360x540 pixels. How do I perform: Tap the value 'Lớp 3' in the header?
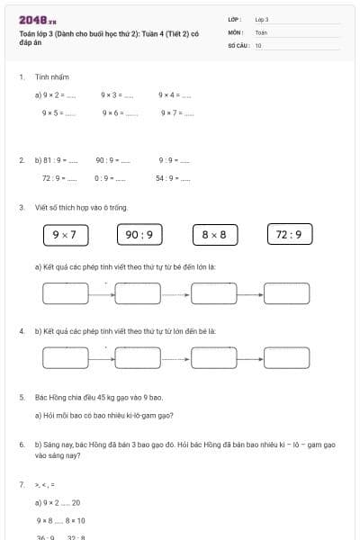click(x=262, y=19)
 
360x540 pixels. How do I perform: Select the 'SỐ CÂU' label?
click(x=237, y=44)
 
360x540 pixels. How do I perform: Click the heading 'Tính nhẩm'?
click(x=52, y=77)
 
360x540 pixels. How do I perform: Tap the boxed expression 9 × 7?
click(x=65, y=235)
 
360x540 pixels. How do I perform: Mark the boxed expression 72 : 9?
click(x=290, y=235)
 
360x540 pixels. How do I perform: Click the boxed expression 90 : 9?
click(x=139, y=235)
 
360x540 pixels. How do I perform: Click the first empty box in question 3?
click(x=65, y=292)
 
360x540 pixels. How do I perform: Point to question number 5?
click(x=21, y=397)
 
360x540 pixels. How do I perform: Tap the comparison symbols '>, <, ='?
click(x=44, y=485)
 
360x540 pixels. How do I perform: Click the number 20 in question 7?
click(x=76, y=502)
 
